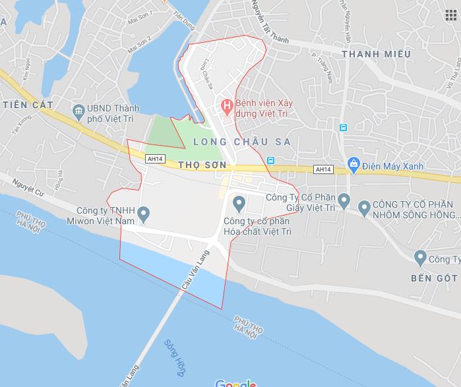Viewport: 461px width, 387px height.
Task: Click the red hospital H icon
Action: click(227, 104)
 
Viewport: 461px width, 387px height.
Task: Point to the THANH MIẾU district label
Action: click(376, 53)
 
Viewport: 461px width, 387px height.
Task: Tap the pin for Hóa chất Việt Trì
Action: click(239, 201)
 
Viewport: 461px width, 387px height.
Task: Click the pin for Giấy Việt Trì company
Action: click(343, 199)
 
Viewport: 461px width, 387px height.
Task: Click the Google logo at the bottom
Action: click(235, 383)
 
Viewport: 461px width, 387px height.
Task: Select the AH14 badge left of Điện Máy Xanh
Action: click(324, 169)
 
